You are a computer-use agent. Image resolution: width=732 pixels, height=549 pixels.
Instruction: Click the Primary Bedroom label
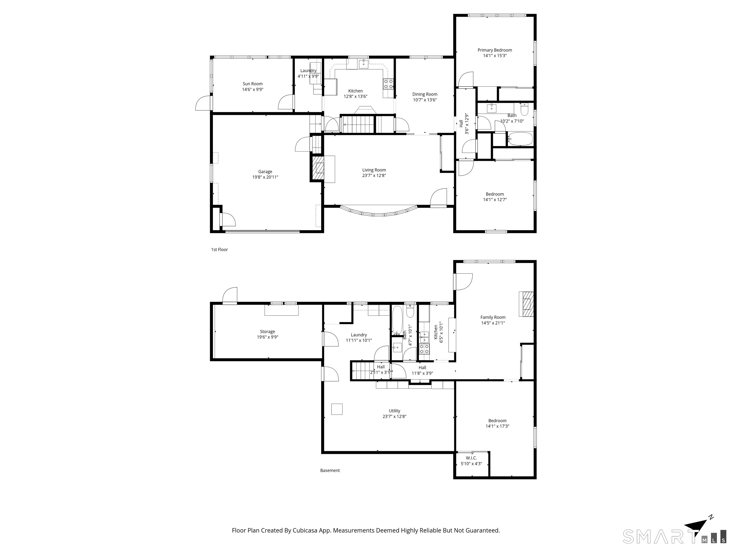495,50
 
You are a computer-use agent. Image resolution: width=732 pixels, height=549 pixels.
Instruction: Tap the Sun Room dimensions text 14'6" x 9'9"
253,89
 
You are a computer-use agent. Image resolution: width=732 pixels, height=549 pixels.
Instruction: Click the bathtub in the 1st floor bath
520,139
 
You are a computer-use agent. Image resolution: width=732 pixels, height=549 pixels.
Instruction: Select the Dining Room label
425,94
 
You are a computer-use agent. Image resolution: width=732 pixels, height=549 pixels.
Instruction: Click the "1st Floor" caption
219,249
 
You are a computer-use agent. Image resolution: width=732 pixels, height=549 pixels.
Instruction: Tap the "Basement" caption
330,470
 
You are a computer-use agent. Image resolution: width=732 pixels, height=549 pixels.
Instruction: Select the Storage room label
267,332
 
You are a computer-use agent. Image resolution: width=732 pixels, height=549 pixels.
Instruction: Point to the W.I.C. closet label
471,458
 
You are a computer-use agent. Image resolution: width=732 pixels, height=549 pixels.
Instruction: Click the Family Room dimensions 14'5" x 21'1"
493,323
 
